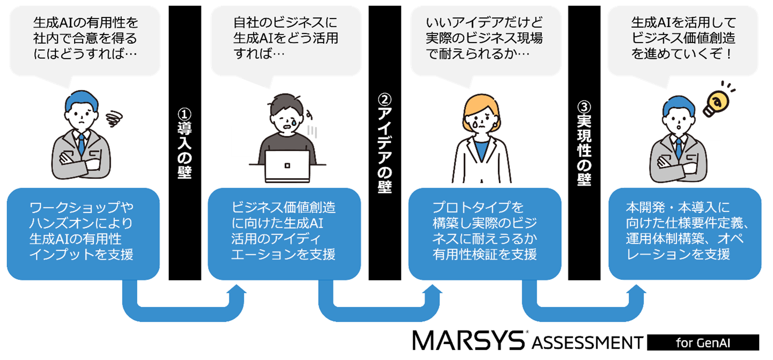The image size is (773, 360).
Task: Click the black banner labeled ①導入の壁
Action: click(185, 143)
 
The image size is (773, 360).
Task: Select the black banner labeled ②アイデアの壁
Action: click(385, 143)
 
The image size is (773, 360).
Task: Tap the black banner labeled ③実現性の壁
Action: click(584, 143)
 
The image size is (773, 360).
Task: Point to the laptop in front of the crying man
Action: click(287, 166)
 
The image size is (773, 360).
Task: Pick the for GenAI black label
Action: click(703, 342)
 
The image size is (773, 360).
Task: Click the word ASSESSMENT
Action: click(588, 343)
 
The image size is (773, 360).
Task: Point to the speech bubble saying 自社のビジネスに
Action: click(286, 39)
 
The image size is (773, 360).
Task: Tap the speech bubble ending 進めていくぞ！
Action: click(683, 39)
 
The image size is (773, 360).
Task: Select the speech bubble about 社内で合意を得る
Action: click(85, 39)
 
